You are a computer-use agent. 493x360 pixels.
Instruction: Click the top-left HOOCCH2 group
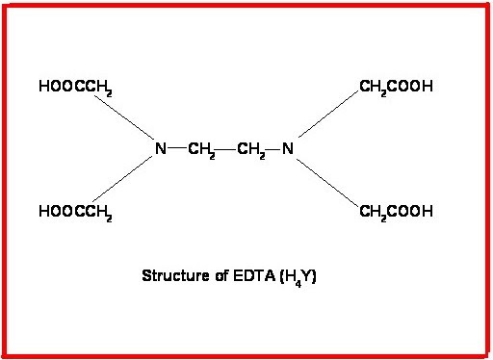pos(75,88)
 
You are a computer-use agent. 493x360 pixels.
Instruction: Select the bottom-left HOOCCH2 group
pos(75,212)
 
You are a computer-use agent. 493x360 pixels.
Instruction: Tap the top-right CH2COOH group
pos(396,88)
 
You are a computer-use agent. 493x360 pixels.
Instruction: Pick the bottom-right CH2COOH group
pos(396,212)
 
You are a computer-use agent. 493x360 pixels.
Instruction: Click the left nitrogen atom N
pos(161,149)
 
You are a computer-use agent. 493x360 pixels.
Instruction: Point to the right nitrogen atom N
pos(287,149)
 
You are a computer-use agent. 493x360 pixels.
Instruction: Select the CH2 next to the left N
pos(202,150)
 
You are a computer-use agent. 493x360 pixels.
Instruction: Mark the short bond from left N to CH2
pos(178,149)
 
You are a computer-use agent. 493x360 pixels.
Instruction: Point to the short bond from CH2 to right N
pos(273,149)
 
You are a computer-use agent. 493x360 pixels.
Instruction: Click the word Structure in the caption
pos(172,275)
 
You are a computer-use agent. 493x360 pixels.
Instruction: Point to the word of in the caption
pos(219,275)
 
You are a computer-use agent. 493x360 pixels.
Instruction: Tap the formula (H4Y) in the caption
pos(293,276)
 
